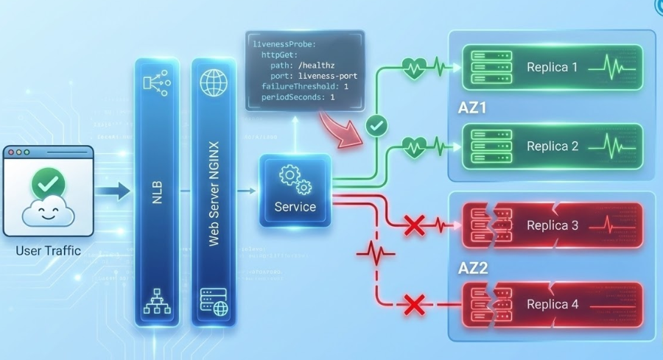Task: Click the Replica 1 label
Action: coord(552,67)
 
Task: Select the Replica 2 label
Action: coord(552,147)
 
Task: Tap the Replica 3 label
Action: coord(552,225)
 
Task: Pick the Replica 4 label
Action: coord(552,304)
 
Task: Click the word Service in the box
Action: coord(295,208)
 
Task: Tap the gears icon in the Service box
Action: coord(295,179)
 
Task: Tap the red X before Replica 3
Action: coord(415,225)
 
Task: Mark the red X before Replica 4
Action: coord(415,304)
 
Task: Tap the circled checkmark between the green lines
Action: coord(376,126)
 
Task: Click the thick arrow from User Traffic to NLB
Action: coord(112,193)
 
